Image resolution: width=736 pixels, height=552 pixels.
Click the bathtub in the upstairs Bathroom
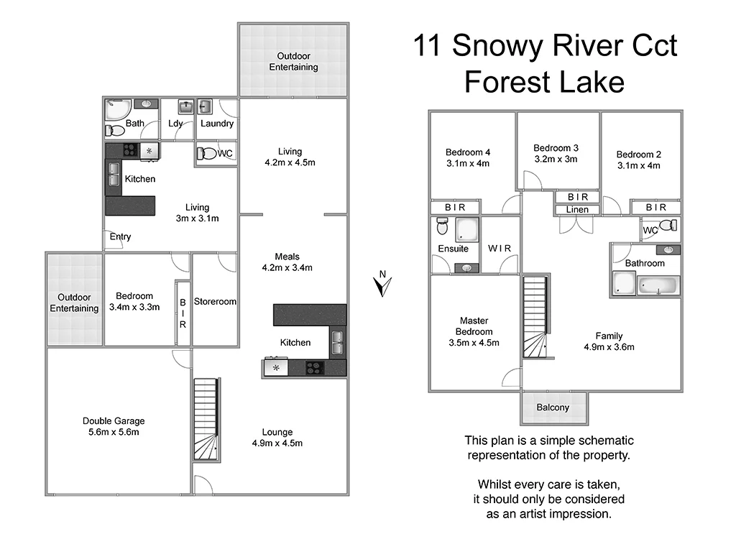pyautogui.click(x=658, y=286)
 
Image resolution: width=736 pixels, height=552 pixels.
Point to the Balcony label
pyautogui.click(x=553, y=408)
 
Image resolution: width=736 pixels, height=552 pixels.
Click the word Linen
pyautogui.click(x=577, y=209)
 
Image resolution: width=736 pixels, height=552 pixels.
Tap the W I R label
pyautogui.click(x=499, y=249)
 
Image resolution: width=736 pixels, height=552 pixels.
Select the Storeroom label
pyautogui.click(x=215, y=302)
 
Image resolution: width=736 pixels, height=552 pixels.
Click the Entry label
pyautogui.click(x=120, y=236)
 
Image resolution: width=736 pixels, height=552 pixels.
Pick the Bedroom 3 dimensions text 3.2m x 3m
pyautogui.click(x=556, y=160)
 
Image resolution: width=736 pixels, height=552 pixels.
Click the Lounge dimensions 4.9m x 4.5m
pyautogui.click(x=277, y=443)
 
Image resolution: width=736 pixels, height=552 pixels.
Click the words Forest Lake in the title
pyautogui.click(x=543, y=82)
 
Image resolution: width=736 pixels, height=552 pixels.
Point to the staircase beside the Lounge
pyautogui.click(x=206, y=419)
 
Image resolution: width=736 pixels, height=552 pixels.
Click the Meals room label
pyautogui.click(x=287, y=257)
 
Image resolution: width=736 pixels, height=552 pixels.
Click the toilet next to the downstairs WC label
pyautogui.click(x=206, y=153)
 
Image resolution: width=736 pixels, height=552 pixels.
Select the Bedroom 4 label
pyautogui.click(x=468, y=152)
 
